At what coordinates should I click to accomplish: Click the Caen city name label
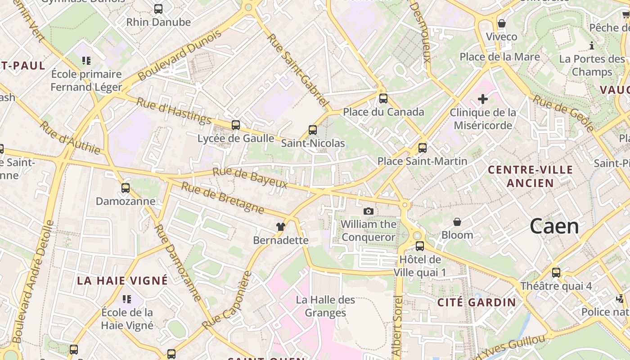(554, 226)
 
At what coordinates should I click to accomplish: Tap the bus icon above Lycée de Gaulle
(236, 125)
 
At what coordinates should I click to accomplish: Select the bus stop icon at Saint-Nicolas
(313, 130)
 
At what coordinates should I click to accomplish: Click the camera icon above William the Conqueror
(369, 211)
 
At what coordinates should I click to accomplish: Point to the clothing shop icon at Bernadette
(281, 227)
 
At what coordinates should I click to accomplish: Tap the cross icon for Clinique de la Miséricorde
(483, 99)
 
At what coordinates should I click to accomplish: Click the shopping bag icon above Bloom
(457, 222)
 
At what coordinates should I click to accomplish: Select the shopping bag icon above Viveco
(501, 23)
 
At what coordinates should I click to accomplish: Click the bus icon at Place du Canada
(383, 99)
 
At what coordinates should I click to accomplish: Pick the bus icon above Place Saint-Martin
(423, 148)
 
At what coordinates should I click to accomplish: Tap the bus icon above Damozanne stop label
(126, 188)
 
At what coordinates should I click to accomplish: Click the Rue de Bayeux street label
(250, 178)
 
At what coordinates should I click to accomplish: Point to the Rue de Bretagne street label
(222, 198)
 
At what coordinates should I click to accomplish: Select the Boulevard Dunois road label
(180, 55)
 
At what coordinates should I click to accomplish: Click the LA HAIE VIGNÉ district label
(122, 281)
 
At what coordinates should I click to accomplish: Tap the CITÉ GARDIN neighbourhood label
(477, 302)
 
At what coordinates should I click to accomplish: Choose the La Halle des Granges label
(325, 306)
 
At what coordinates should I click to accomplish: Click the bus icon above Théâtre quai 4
(556, 273)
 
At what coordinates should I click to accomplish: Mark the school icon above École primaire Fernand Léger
(86, 61)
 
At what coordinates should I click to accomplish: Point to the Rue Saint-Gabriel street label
(297, 70)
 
